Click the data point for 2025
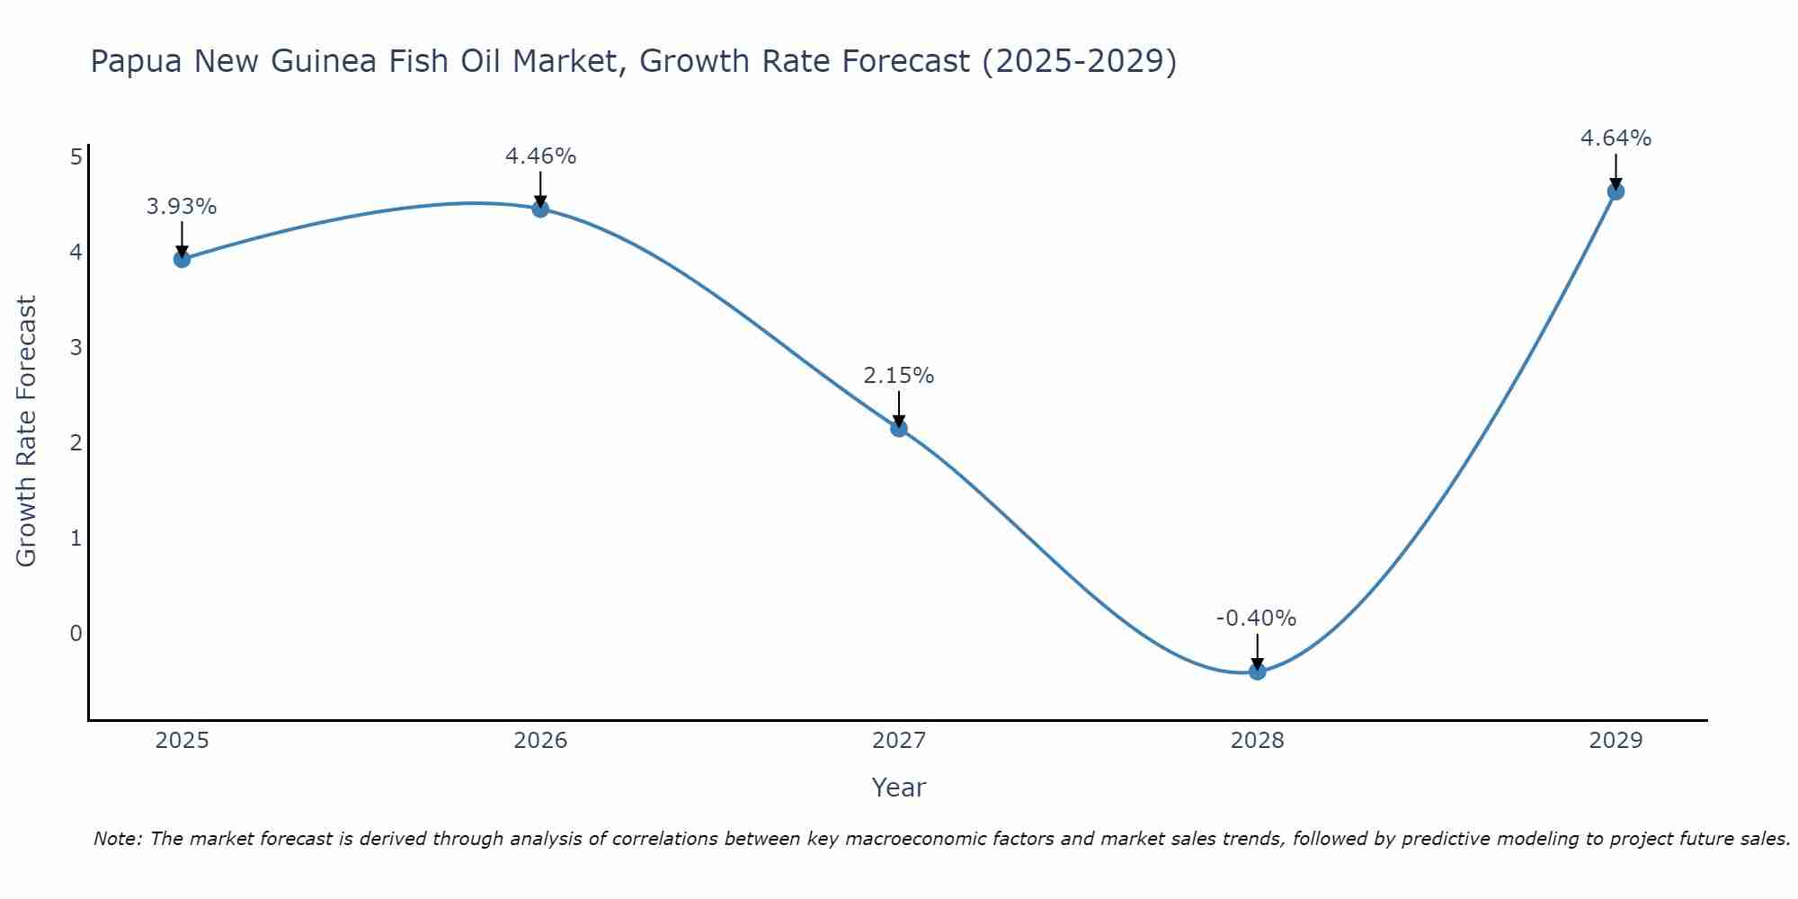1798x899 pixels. (182, 259)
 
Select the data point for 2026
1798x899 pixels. (540, 209)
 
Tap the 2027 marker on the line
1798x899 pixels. (899, 428)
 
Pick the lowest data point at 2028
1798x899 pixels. (1258, 671)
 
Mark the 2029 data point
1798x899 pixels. (1616, 191)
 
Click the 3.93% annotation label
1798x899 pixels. (182, 207)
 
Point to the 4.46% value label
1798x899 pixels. (540, 156)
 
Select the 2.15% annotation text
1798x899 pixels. (899, 376)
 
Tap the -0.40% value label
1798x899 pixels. (1256, 619)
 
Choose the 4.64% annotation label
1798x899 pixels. (1616, 138)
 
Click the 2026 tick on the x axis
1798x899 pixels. (540, 741)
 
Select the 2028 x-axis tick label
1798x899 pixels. (1258, 741)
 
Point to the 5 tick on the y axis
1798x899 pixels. (76, 157)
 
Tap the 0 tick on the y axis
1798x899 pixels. (76, 633)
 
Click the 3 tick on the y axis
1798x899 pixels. (76, 347)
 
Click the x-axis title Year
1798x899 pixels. (899, 788)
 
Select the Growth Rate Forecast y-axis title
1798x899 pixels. (27, 432)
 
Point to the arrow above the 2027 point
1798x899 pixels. (899, 408)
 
